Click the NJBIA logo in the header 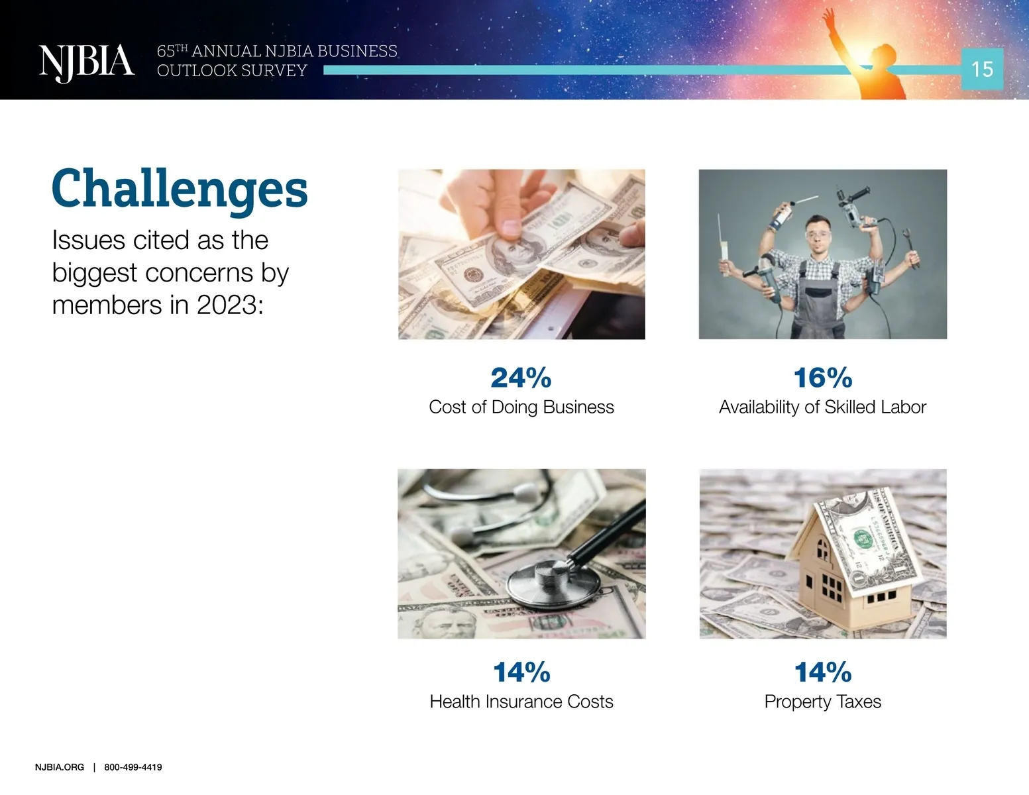tap(87, 63)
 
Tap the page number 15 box tap(982, 69)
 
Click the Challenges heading tap(180, 190)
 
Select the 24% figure tap(521, 378)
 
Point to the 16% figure tap(823, 378)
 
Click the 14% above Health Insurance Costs tap(521, 672)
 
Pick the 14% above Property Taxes tap(823, 672)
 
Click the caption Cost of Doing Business tap(521, 407)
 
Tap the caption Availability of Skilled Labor tap(822, 407)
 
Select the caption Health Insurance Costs tap(521, 702)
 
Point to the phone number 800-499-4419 tap(133, 767)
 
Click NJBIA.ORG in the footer tap(60, 767)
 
